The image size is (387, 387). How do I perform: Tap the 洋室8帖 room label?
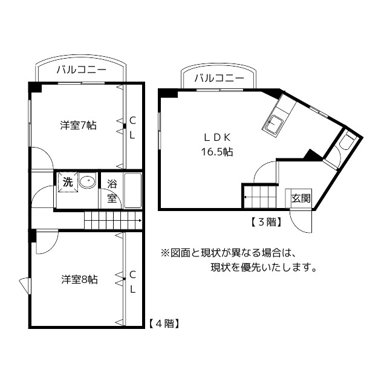coord(79,279)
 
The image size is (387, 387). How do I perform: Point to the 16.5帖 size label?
coord(217,152)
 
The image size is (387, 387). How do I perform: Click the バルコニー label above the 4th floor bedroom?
coord(81,70)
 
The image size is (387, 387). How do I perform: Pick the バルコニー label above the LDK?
coord(220,78)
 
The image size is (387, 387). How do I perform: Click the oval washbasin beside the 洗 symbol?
coord(88,181)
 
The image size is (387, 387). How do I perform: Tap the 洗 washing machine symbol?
coord(68,181)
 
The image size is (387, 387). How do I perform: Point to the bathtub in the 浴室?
coord(132,190)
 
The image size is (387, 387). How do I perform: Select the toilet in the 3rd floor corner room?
coord(347,143)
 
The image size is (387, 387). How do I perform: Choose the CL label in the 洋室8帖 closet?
coord(132,281)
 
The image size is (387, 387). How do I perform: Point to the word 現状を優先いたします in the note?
coord(263,267)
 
